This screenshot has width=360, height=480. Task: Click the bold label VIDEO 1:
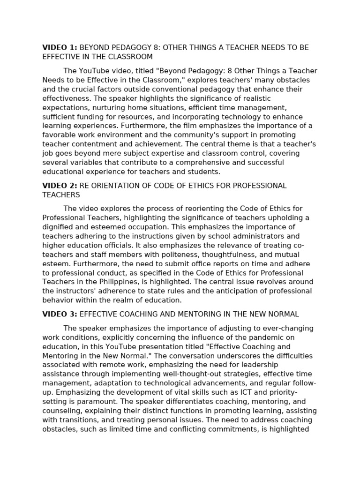tap(60, 48)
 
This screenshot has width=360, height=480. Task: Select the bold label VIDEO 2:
tap(60, 186)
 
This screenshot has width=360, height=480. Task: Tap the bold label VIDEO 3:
tap(60, 314)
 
